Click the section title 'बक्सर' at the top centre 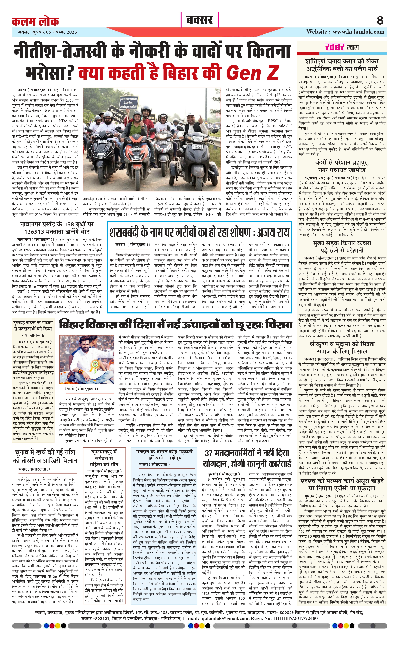pos(199,20)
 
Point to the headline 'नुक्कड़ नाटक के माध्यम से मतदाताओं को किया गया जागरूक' pos(33,329)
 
